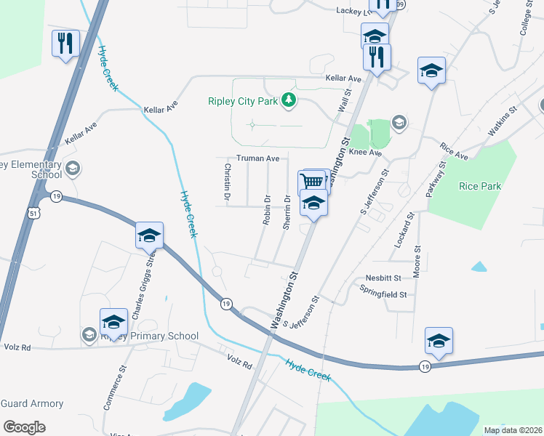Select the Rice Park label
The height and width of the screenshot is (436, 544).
coord(480,186)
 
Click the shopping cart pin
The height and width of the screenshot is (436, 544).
coord(311,182)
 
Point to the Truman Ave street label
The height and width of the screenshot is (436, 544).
coord(257,158)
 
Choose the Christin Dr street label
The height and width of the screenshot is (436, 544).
coord(227,182)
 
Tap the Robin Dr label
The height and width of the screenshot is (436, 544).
coord(267,209)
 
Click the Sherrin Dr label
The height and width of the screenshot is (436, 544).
coord(287,213)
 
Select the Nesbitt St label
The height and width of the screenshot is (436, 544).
coord(383,278)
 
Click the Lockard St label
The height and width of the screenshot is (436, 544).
coord(403,230)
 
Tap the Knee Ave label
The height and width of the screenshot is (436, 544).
coord(366,153)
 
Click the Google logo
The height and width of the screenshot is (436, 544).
coord(24,427)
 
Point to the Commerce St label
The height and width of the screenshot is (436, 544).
coord(114,389)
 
